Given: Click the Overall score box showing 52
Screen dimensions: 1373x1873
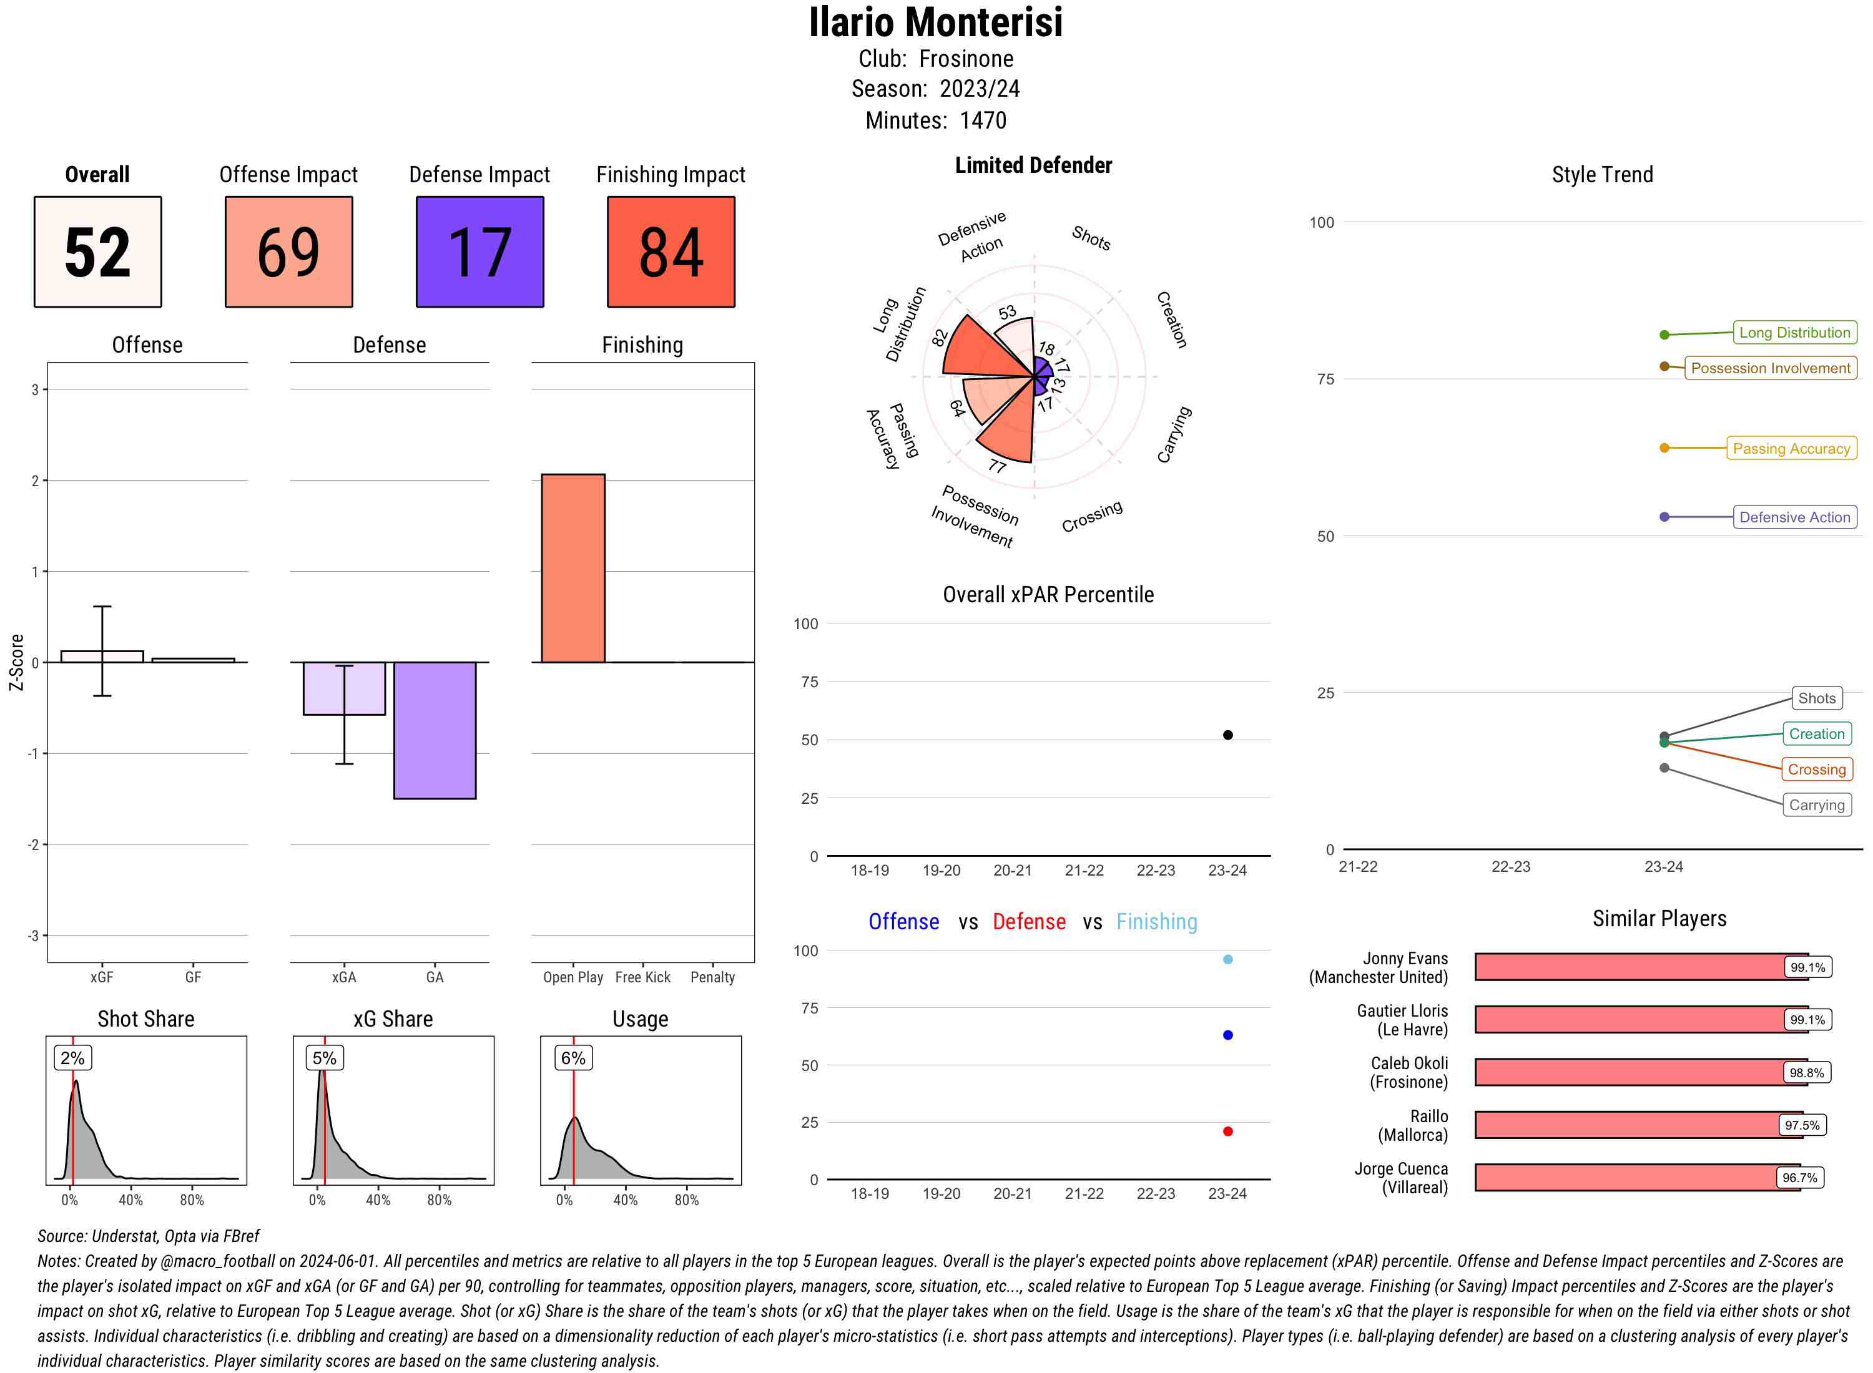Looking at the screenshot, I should (x=97, y=252).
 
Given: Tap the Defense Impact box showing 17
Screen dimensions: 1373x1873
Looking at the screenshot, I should (x=479, y=252).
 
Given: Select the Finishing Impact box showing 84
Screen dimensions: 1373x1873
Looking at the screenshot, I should (x=671, y=252).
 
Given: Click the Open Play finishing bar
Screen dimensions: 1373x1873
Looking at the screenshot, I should (x=573, y=569).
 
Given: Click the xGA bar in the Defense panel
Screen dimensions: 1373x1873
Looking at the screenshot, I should (x=344, y=688).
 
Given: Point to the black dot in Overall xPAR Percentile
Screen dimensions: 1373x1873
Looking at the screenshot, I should (x=1228, y=735).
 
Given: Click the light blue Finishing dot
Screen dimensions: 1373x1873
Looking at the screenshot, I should (x=1228, y=959).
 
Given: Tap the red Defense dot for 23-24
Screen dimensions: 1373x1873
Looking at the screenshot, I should (x=1228, y=1131).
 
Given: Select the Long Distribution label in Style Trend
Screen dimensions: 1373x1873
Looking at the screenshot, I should (x=1795, y=333).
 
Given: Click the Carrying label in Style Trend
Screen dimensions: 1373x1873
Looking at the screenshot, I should (x=1816, y=804).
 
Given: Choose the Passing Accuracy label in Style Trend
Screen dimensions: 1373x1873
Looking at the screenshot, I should (x=1792, y=448).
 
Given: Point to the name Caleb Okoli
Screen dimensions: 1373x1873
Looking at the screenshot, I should (x=1409, y=1063).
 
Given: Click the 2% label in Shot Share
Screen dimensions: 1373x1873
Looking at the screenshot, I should (x=72, y=1058).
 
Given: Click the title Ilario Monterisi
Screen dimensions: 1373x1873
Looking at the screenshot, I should (x=936, y=22).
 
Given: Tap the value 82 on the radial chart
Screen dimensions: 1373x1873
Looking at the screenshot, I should (x=940, y=338).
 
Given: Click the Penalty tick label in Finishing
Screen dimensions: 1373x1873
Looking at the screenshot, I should (x=712, y=977).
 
